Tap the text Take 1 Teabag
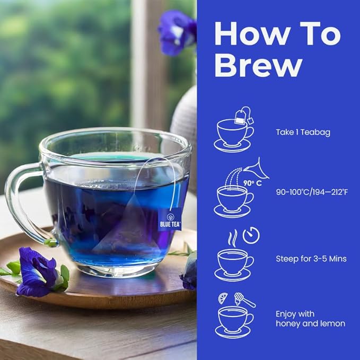(x=303, y=132)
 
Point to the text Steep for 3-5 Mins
(x=311, y=259)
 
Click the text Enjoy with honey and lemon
(x=310, y=318)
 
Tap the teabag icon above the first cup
(x=243, y=115)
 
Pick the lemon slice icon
(x=223, y=298)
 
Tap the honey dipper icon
(x=244, y=300)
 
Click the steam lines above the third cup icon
(x=232, y=236)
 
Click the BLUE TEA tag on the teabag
(x=173, y=220)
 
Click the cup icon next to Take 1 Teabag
(x=234, y=135)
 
